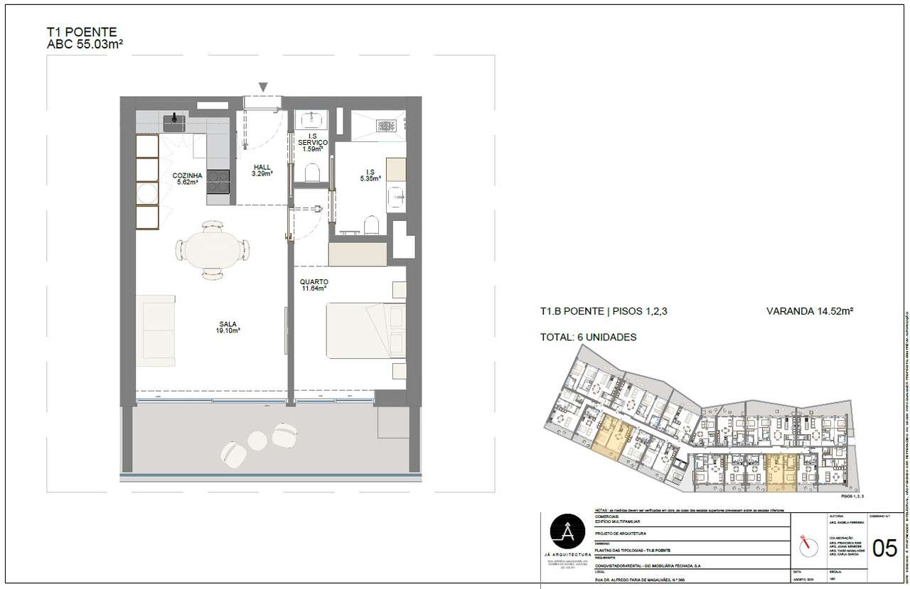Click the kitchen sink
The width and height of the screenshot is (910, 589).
click(174, 123)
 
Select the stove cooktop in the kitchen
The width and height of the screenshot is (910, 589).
click(218, 182)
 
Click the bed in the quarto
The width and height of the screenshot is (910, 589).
click(365, 330)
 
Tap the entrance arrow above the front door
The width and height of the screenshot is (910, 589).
click(263, 87)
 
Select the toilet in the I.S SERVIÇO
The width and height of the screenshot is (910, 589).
click(310, 173)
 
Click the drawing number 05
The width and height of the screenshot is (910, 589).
click(884, 549)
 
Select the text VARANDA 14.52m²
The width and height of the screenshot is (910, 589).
click(810, 310)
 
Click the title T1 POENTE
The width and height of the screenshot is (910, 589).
click(81, 32)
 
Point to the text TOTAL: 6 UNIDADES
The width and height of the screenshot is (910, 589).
click(588, 337)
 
